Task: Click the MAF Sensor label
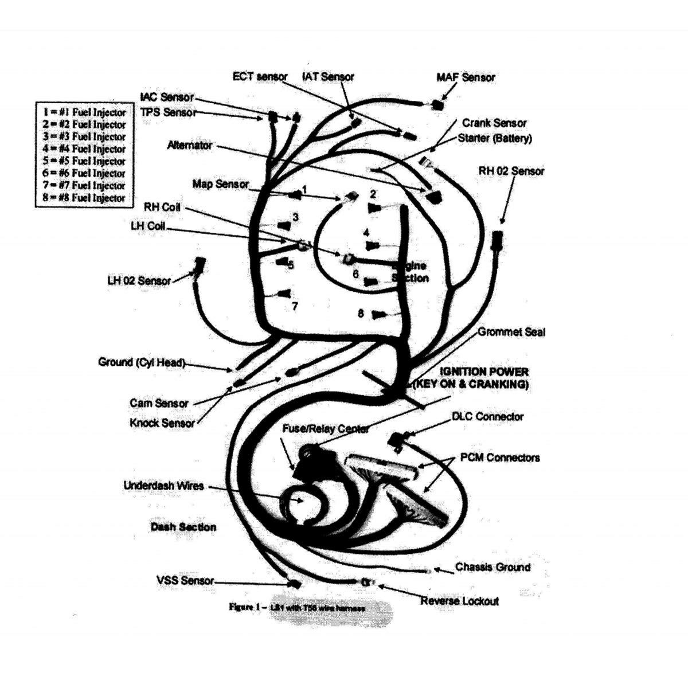[466, 77]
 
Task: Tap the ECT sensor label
[260, 77]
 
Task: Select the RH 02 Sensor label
[511, 171]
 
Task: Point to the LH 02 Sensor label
[139, 281]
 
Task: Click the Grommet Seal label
[511, 332]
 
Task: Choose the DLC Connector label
[487, 417]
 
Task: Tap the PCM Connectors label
[500, 458]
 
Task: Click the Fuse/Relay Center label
[326, 428]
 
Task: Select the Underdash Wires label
[163, 486]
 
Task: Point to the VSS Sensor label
[185, 580]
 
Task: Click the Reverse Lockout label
[459, 601]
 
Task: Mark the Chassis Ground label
[492, 567]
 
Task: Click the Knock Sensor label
[162, 423]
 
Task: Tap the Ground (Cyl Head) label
[142, 362]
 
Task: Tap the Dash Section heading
[183, 527]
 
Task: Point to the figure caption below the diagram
[296, 607]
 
